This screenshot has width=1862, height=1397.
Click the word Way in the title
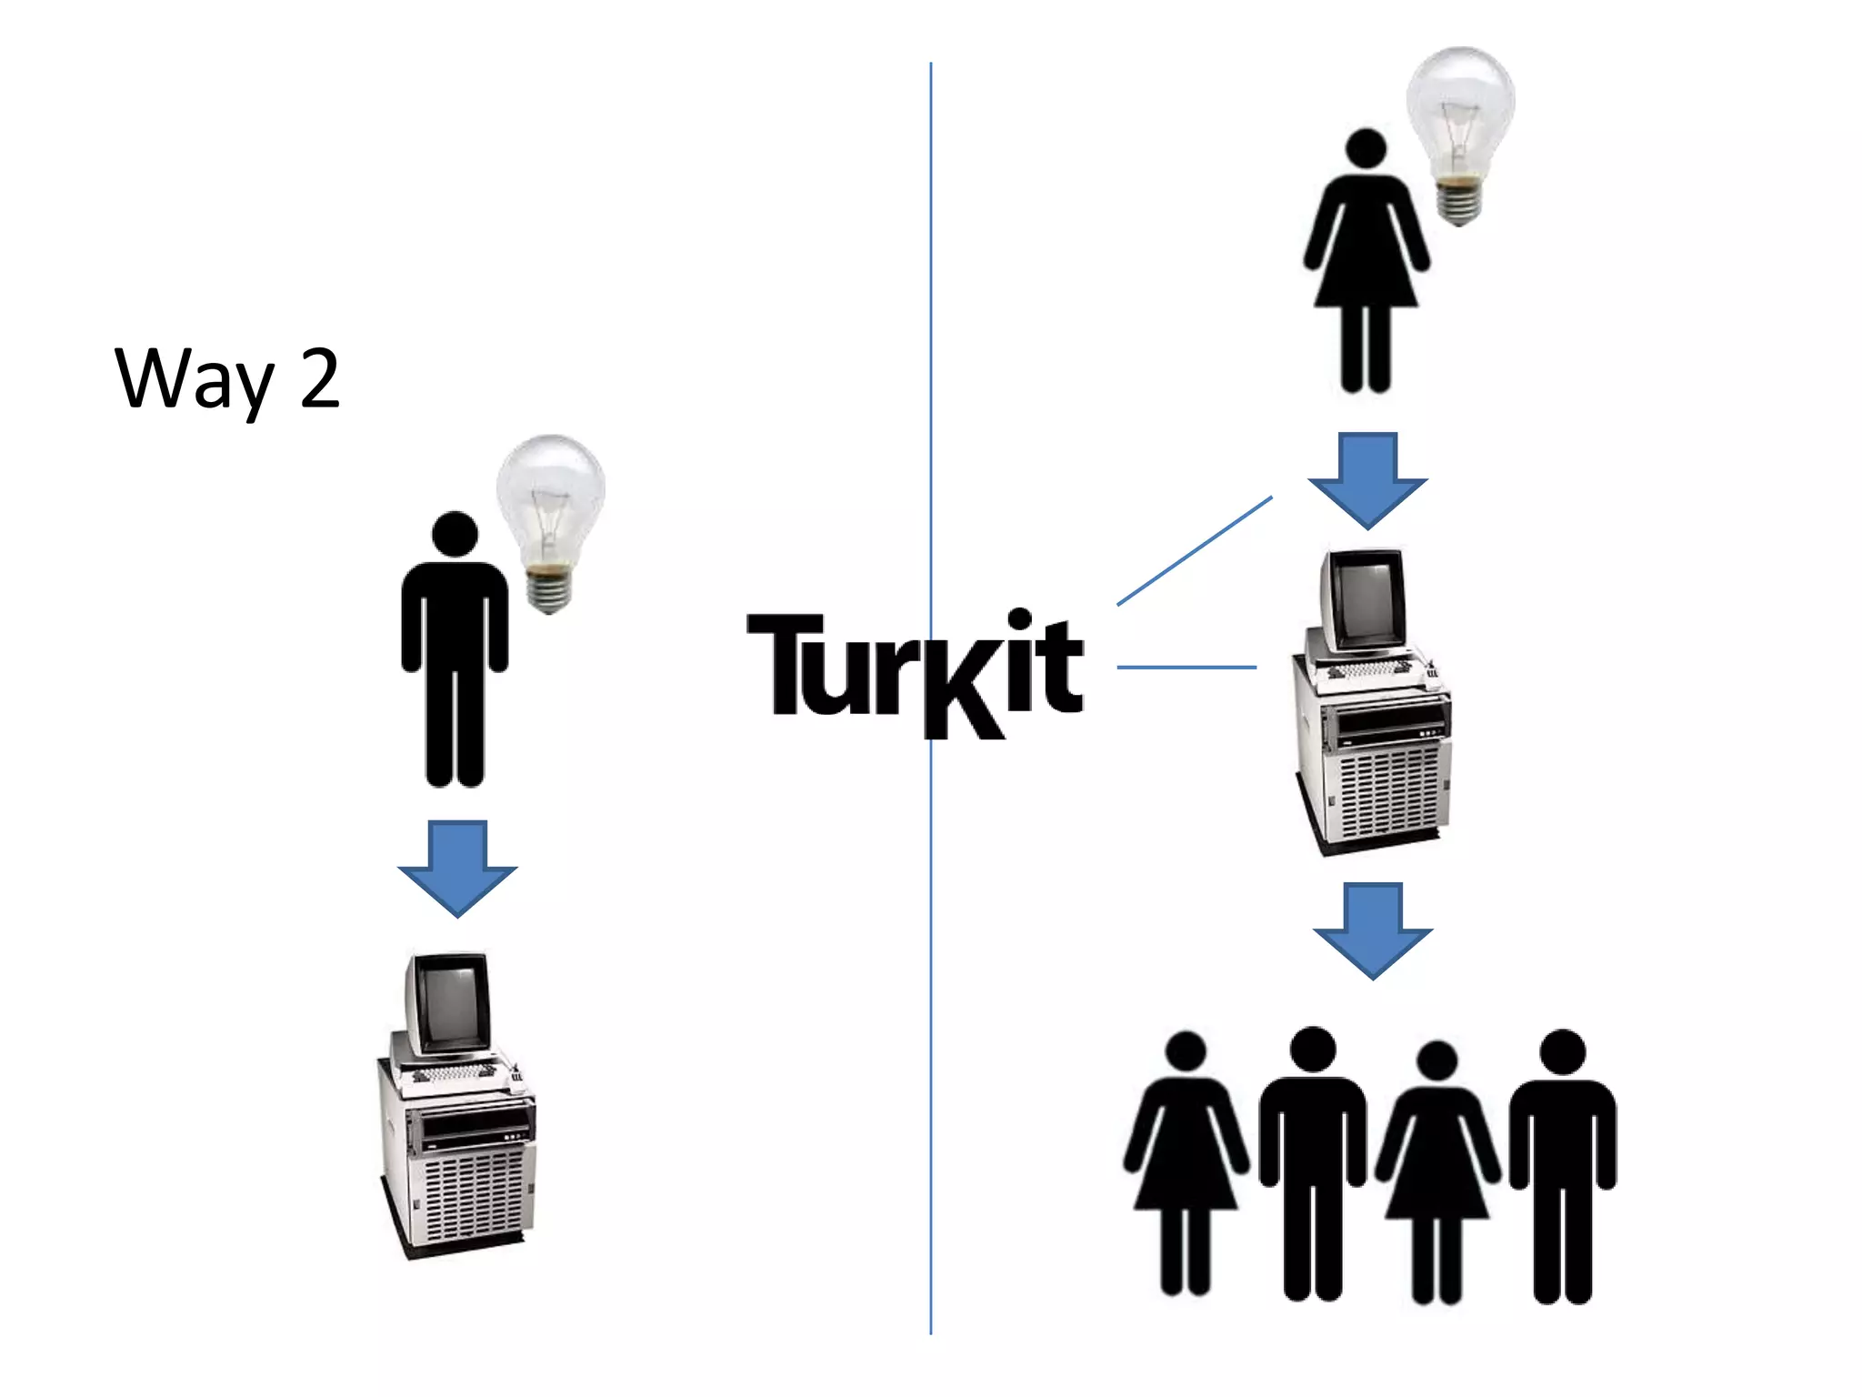click(x=194, y=377)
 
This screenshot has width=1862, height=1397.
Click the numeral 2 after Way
click(x=319, y=377)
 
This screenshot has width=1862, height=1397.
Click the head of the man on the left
click(x=455, y=534)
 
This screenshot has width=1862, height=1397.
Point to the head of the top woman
click(x=1366, y=150)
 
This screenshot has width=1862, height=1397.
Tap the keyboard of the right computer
click(x=1369, y=670)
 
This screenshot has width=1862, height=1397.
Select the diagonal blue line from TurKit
click(x=1194, y=551)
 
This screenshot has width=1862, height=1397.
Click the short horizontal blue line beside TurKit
click(x=1186, y=668)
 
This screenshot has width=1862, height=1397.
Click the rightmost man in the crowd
click(x=1562, y=1164)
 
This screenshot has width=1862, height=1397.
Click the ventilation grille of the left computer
click(x=473, y=1201)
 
